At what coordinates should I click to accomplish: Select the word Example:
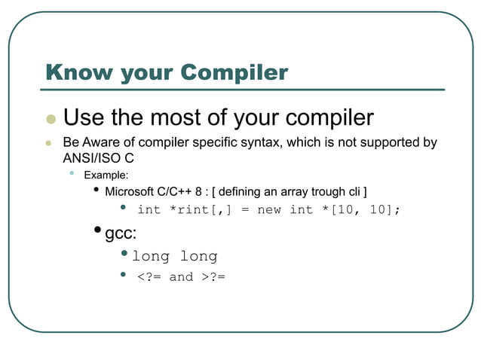[x=106, y=175]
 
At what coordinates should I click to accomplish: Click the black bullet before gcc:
[x=99, y=230]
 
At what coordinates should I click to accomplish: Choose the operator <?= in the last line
[x=149, y=276]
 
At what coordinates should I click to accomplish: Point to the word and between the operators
[x=181, y=276]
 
